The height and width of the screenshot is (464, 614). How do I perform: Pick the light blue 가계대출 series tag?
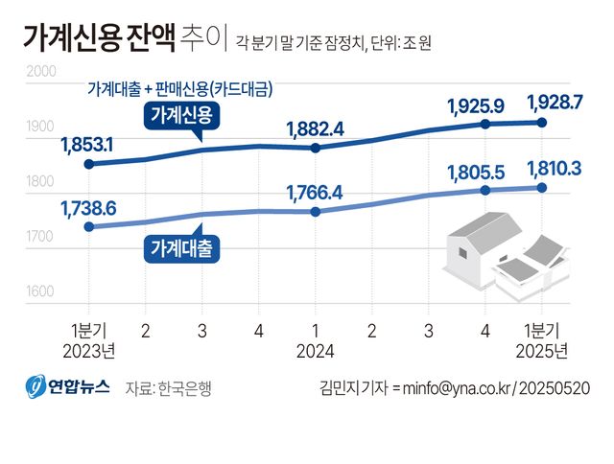click(x=182, y=246)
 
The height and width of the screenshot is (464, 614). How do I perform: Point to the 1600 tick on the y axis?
click(x=40, y=292)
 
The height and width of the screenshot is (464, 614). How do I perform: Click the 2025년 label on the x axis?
click(x=542, y=351)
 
